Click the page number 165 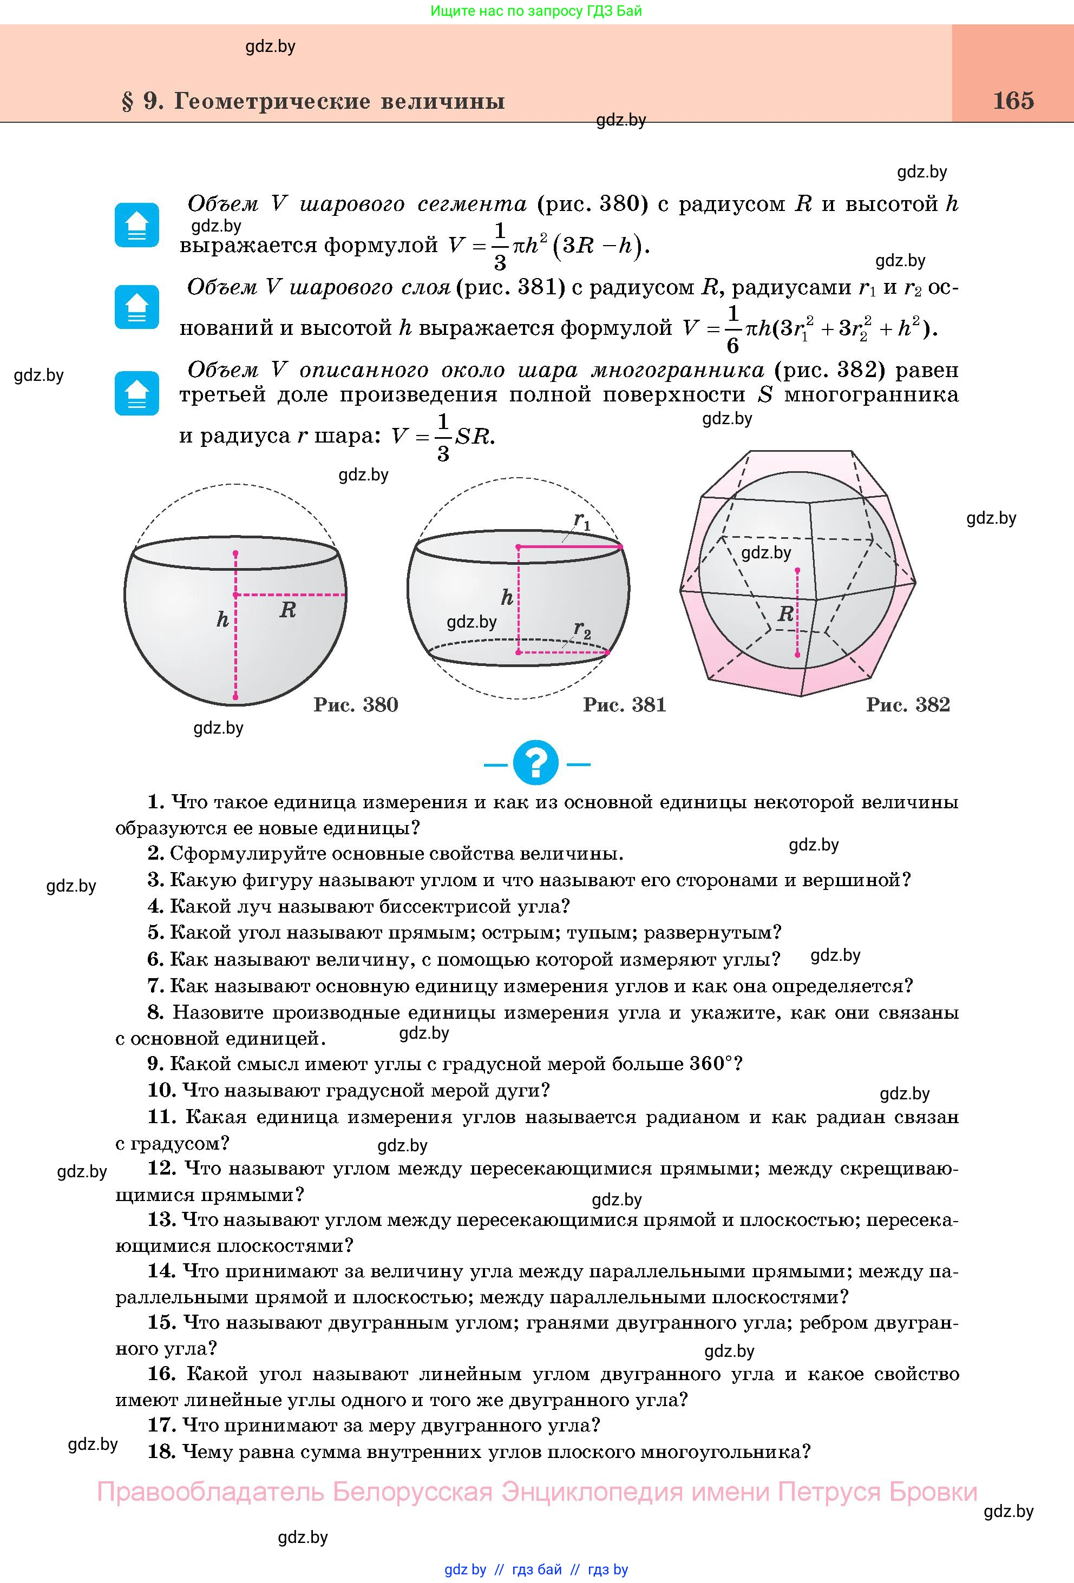(1013, 101)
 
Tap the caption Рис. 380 (356, 704)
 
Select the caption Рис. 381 (624, 704)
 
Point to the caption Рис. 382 (908, 704)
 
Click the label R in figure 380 (287, 610)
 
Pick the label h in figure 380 (222, 620)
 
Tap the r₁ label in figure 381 (582, 522)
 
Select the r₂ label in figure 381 (582, 629)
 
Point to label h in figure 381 (506, 598)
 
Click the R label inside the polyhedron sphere (785, 615)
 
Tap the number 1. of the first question (156, 802)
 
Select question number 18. (161, 1452)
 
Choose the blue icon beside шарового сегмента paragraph (137, 225)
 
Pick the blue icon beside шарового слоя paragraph (137, 307)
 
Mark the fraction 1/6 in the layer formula (732, 329)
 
